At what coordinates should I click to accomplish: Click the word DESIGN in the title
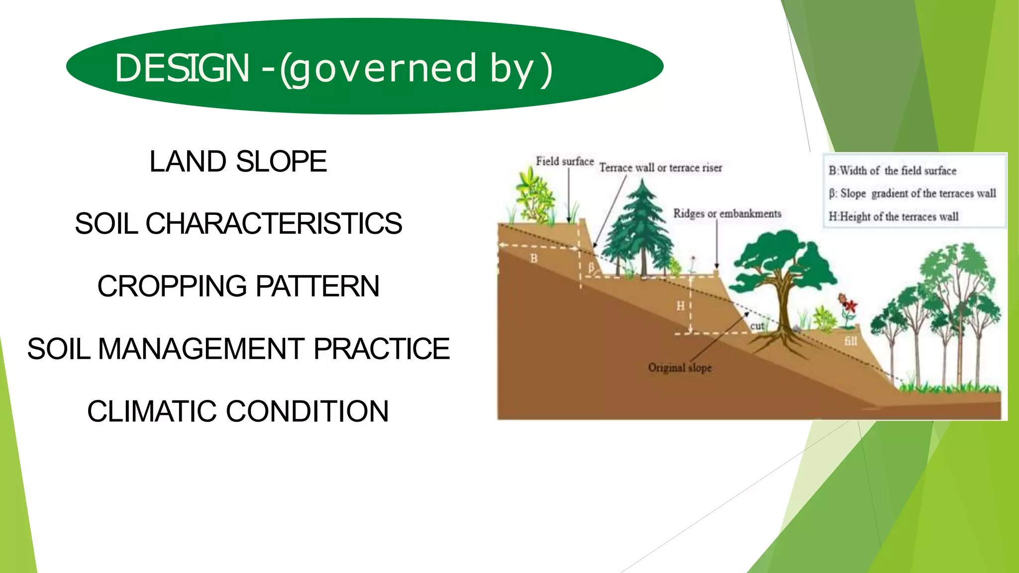click(x=182, y=68)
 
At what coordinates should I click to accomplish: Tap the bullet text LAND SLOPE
click(x=238, y=162)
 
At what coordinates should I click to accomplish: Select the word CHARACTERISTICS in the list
click(x=274, y=223)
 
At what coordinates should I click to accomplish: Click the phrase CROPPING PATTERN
click(x=238, y=286)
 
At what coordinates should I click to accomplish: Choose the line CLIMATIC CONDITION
click(x=238, y=411)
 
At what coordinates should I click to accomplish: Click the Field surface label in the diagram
click(x=564, y=162)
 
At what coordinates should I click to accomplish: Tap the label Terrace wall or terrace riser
click(x=660, y=168)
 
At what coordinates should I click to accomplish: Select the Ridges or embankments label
click(x=727, y=214)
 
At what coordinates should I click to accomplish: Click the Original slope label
click(x=680, y=368)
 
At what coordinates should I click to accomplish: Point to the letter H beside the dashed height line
click(x=680, y=306)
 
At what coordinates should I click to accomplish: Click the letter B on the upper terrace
click(x=534, y=259)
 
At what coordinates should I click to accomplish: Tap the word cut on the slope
click(x=757, y=326)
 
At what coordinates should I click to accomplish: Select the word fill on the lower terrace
click(x=850, y=341)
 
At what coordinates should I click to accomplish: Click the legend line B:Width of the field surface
click(x=892, y=171)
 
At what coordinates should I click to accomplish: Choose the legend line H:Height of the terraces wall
click(x=893, y=217)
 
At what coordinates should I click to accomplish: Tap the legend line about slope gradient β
click(x=912, y=193)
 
